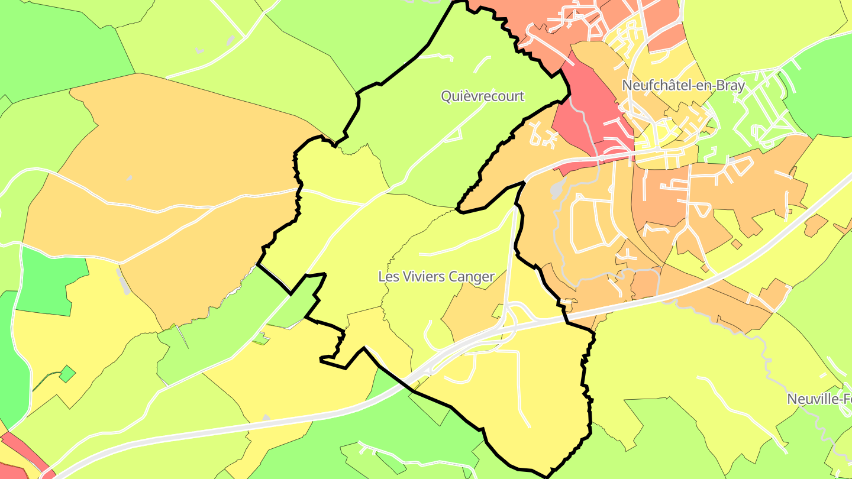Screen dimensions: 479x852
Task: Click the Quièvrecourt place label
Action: pyautogui.click(x=482, y=96)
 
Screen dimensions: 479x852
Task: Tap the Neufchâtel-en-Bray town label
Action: pyautogui.click(x=683, y=85)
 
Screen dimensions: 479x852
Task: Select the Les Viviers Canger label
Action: pyautogui.click(x=436, y=276)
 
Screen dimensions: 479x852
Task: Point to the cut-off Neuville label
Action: pyautogui.click(x=819, y=399)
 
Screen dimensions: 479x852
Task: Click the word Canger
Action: pyautogui.click(x=472, y=276)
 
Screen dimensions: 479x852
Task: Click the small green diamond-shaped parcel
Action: pyautogui.click(x=67, y=374)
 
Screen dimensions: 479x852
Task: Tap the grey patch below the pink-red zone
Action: pyautogui.click(x=557, y=189)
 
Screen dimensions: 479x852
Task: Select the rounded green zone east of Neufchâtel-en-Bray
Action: pyautogui.click(x=822, y=89)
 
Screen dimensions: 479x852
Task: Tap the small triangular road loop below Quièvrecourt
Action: pyautogui.click(x=454, y=136)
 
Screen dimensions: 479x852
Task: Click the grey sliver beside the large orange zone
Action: pyautogui.click(x=124, y=281)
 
